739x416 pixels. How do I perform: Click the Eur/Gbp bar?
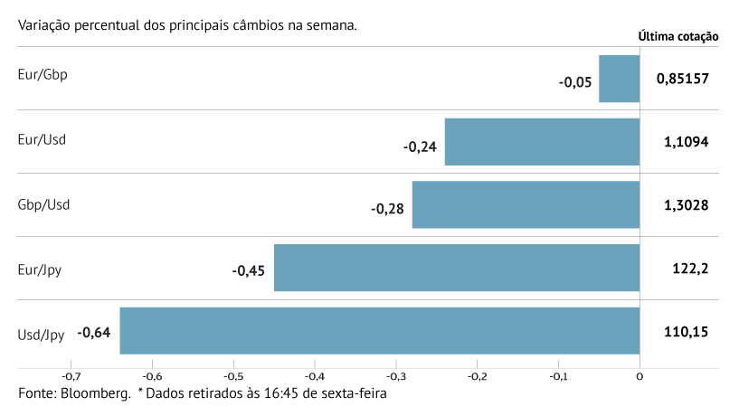click(620, 79)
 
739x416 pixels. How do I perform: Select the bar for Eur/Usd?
click(542, 142)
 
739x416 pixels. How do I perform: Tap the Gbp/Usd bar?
click(526, 204)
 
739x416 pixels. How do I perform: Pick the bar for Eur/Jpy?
click(457, 268)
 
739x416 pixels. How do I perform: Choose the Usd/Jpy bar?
click(379, 331)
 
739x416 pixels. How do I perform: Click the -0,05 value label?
click(575, 82)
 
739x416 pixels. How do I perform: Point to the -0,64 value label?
click(94, 333)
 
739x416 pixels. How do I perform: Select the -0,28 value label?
click(387, 208)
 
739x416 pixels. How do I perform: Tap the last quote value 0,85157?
click(682, 79)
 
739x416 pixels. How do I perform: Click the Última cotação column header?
click(678, 37)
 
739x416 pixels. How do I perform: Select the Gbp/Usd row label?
click(43, 204)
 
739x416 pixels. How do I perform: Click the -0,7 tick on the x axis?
click(70, 377)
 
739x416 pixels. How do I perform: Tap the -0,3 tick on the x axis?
click(395, 377)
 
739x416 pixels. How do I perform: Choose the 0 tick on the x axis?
click(640, 377)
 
